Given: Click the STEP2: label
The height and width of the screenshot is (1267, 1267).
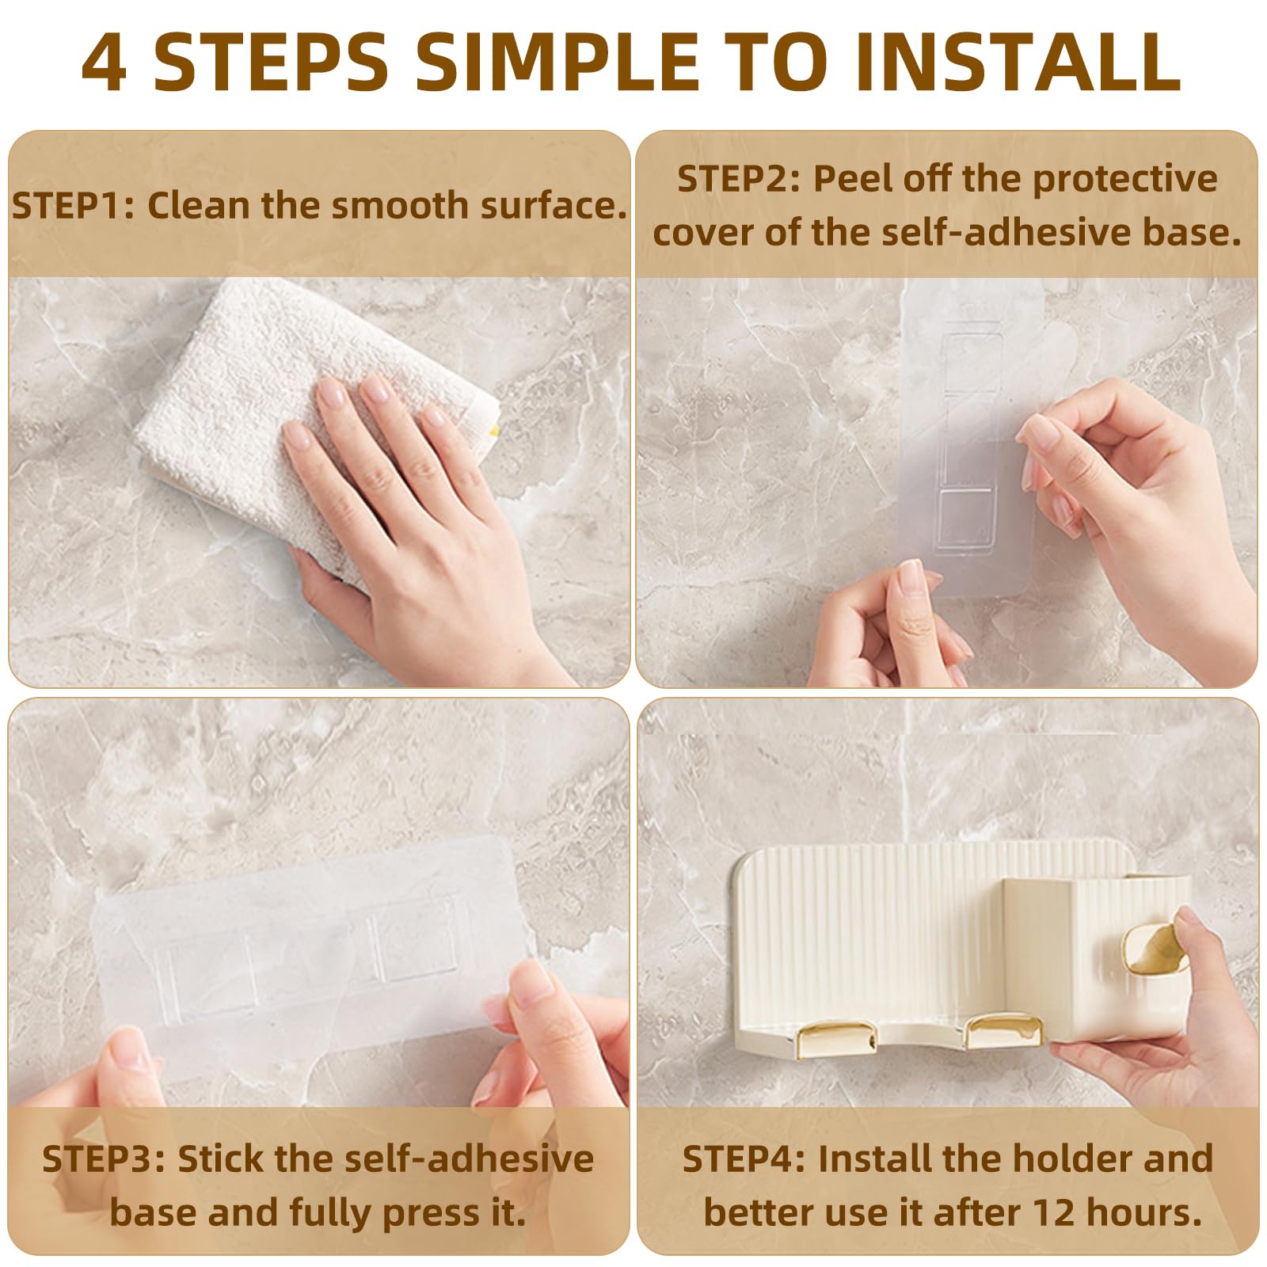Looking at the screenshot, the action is click(740, 179).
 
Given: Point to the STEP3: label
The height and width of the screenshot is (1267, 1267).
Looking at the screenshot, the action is click(104, 1159).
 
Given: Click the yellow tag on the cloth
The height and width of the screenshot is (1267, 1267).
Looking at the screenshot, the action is click(493, 430).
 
